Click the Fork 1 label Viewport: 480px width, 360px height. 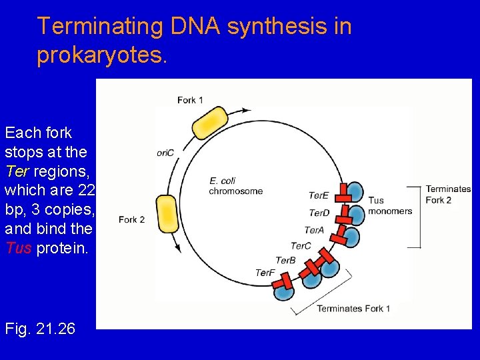click(190, 100)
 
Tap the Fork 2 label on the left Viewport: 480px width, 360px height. click(132, 219)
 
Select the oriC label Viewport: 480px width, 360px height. click(165, 153)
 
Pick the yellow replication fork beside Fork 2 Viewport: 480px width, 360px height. click(167, 213)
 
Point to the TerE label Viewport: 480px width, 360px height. click(319, 195)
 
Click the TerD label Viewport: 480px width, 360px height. click(319, 213)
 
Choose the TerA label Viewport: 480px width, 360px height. click(314, 230)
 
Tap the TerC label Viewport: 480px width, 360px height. click(301, 246)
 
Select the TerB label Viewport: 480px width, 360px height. click(285, 260)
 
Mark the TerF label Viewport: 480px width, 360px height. click(265, 273)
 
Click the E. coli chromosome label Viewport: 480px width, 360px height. click(235, 186)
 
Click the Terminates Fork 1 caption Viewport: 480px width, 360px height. click(353, 309)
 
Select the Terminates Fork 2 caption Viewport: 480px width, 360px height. click(448, 195)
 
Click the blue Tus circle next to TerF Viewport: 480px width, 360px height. click(285, 291)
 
